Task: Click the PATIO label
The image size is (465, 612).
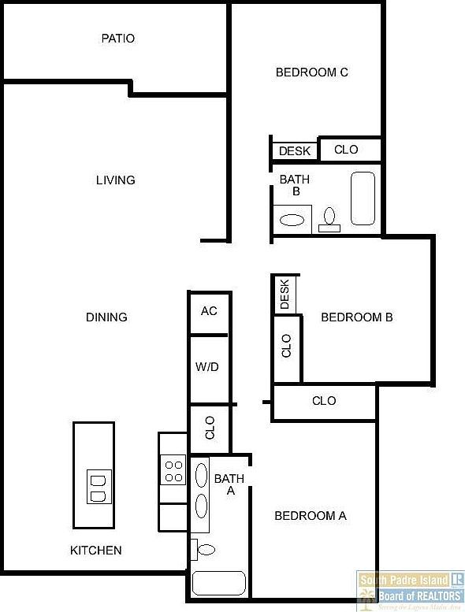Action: click(x=118, y=38)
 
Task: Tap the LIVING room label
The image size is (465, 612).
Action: click(x=116, y=180)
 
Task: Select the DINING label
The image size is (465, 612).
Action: click(x=106, y=317)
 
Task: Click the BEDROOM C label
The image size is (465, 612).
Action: click(x=312, y=72)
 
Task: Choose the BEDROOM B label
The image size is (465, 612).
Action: click(x=357, y=317)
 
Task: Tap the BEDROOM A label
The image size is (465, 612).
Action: click(x=310, y=516)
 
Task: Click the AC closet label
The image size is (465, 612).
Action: click(x=209, y=311)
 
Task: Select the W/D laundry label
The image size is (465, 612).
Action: click(x=207, y=366)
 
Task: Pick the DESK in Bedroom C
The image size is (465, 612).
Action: click(x=295, y=150)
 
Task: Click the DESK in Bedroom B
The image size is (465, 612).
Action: click(x=285, y=295)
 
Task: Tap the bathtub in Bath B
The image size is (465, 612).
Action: click(x=363, y=198)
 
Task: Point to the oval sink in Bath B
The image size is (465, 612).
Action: click(x=292, y=220)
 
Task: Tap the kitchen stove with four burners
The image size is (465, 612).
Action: click(x=173, y=470)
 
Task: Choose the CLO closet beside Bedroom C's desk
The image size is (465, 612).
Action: click(x=347, y=150)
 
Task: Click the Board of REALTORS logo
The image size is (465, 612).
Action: click(x=410, y=589)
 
